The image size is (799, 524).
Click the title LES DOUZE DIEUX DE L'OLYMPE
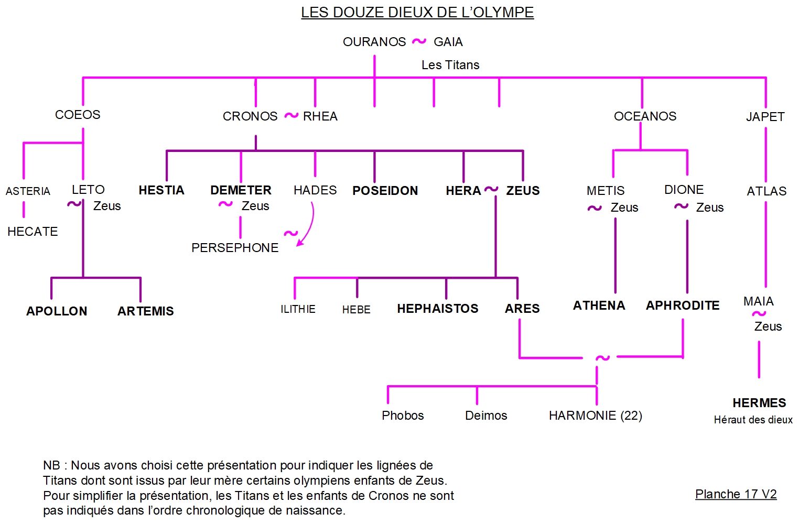click(x=417, y=13)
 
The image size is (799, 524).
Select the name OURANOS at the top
click(x=374, y=42)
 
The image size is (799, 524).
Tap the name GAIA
click(x=448, y=42)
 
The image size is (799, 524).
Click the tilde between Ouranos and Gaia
click(x=419, y=41)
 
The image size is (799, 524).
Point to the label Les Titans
click(x=450, y=65)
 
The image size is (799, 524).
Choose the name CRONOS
click(x=250, y=116)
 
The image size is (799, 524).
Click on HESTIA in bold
click(x=161, y=190)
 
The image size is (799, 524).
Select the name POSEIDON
click(x=385, y=191)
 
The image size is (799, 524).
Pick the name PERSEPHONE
click(x=235, y=248)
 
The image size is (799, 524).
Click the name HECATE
click(x=33, y=232)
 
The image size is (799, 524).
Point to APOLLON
click(x=57, y=311)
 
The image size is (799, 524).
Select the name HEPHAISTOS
click(x=438, y=309)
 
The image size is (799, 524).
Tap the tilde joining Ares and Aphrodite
click(x=602, y=358)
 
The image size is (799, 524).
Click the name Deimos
click(x=486, y=416)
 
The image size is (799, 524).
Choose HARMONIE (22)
click(x=595, y=416)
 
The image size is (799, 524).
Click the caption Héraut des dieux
click(x=753, y=420)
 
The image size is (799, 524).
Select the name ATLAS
click(x=766, y=191)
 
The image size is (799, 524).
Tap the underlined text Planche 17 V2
click(x=736, y=494)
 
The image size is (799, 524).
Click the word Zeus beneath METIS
click(x=624, y=208)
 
